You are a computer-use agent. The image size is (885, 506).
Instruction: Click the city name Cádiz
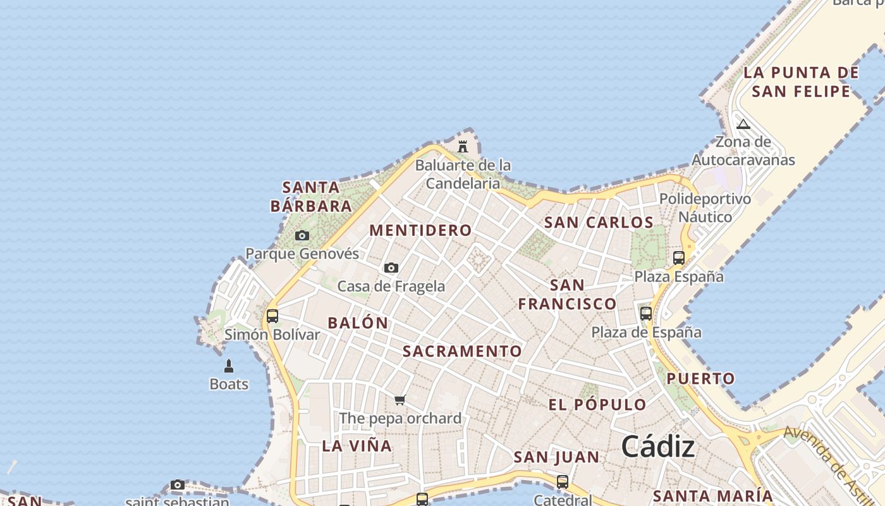(657, 447)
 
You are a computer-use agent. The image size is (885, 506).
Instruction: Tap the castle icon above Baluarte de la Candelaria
(463, 147)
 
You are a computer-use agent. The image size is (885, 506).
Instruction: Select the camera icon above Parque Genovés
(302, 236)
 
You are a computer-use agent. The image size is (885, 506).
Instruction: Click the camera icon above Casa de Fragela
(391, 268)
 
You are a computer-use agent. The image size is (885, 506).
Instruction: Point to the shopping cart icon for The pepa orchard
(400, 400)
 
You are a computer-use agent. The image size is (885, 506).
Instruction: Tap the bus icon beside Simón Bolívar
(272, 316)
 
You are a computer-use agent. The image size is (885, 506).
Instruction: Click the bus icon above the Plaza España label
(678, 257)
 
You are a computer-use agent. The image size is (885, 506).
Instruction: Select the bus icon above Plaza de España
(645, 313)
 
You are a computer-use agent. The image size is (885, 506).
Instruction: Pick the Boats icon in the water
(229, 366)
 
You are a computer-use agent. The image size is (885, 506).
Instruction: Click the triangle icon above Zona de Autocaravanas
(743, 123)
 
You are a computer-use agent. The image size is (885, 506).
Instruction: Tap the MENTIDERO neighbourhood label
(420, 230)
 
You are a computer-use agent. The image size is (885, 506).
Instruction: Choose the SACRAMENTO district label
(462, 351)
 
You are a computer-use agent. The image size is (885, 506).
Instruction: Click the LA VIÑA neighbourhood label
(357, 446)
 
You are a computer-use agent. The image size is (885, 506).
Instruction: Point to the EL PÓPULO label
(597, 405)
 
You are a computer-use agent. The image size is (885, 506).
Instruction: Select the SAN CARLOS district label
(599, 223)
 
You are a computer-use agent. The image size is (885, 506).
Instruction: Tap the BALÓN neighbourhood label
(358, 323)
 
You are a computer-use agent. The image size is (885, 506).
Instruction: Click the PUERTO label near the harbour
(701, 379)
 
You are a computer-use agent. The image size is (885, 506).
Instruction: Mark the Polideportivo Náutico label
(705, 207)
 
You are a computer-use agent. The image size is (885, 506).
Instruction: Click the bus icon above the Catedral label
(562, 482)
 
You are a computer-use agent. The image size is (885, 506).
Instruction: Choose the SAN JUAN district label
(556, 457)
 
